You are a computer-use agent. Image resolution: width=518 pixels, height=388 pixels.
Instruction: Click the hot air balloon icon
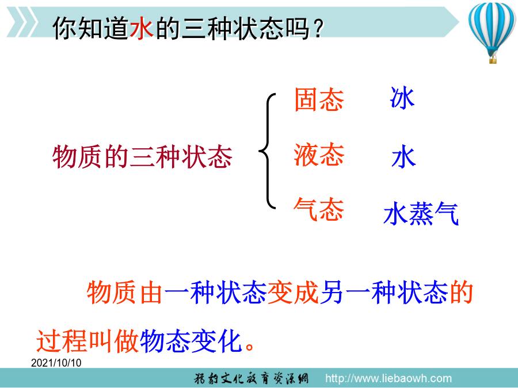click(492, 32)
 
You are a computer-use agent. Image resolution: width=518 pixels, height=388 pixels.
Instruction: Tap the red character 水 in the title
click(142, 28)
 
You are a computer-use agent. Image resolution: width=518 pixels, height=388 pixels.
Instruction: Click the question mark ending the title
click(318, 29)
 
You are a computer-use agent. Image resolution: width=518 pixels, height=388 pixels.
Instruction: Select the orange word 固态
click(319, 99)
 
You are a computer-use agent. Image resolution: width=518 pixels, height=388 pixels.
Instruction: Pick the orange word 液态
click(319, 155)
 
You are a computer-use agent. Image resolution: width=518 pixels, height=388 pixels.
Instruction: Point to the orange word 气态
click(319, 209)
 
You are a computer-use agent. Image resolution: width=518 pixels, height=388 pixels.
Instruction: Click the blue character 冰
click(402, 98)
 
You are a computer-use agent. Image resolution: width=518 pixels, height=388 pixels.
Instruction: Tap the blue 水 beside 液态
click(403, 157)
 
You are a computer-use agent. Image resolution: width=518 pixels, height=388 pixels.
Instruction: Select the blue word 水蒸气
click(421, 213)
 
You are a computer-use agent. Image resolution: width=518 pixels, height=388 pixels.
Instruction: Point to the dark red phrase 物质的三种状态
click(142, 157)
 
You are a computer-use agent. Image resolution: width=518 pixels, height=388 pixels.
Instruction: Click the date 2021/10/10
click(56, 363)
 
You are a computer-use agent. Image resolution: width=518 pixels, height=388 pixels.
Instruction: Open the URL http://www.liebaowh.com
click(388, 378)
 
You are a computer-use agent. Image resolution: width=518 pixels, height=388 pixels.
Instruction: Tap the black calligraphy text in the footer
click(251, 378)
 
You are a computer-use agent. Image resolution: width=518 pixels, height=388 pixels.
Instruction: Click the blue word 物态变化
click(191, 341)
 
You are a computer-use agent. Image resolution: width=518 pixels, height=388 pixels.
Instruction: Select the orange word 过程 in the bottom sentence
click(62, 341)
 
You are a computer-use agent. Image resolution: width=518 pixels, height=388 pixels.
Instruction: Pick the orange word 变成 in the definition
click(293, 293)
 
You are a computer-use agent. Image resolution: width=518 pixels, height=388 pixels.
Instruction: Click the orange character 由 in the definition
click(151, 293)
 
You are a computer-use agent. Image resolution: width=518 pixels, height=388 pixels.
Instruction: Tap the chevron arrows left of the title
click(22, 22)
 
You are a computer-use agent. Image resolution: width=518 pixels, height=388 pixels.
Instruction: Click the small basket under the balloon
click(493, 60)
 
